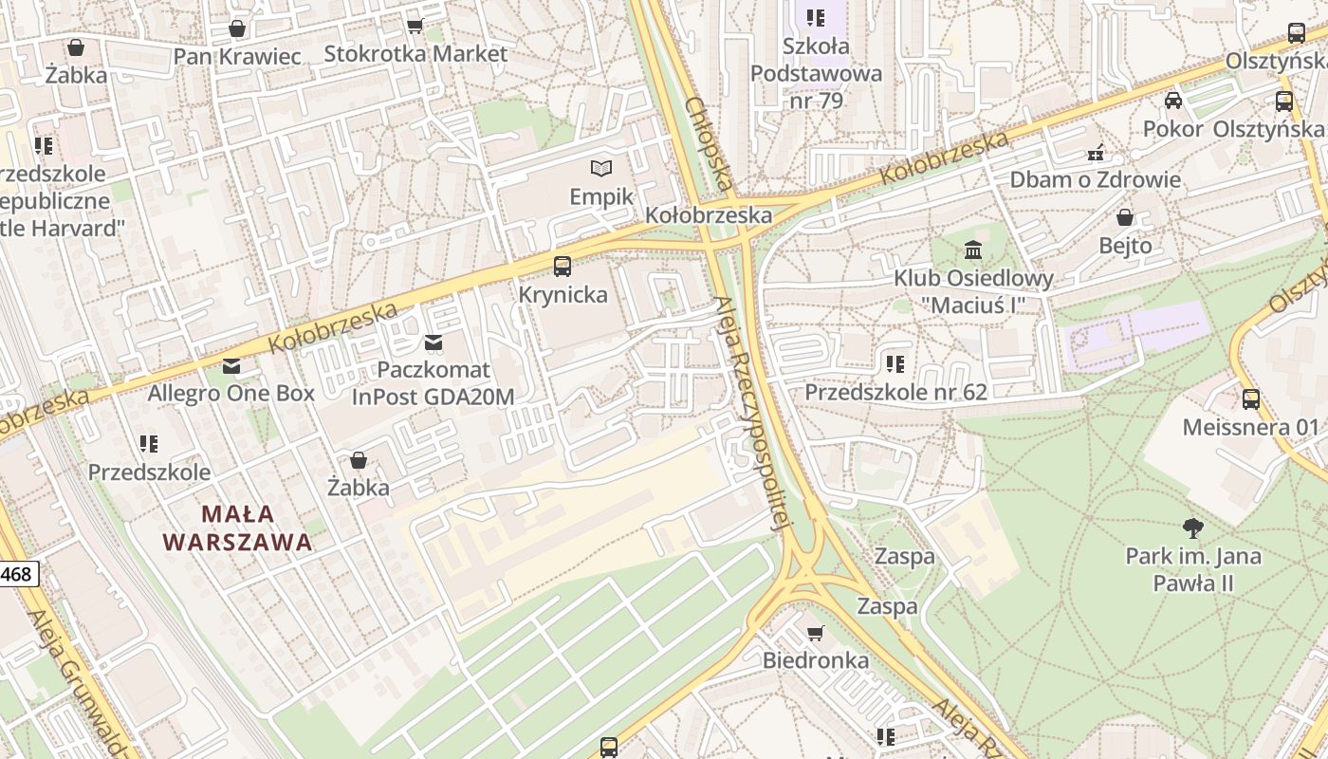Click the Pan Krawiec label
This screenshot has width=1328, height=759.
236,56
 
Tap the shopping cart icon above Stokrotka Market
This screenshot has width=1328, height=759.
415,26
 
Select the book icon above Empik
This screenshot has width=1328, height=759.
601,169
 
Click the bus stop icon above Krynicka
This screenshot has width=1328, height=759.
563,267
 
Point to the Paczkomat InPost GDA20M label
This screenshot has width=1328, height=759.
433,383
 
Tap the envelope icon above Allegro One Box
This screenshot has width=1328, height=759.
231,366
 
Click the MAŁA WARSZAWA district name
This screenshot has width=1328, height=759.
237,528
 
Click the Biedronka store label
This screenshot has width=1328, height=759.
816,660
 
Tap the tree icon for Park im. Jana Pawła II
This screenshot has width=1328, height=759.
1193,528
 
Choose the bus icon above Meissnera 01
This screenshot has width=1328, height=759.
1251,399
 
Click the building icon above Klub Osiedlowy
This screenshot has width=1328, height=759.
973,250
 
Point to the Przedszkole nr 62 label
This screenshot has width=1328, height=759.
895,392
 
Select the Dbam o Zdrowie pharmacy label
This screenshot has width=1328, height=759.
1095,179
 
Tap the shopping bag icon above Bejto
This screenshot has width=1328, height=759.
1125,217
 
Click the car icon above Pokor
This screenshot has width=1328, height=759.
1173,101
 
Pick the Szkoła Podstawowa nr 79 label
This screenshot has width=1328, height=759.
816,72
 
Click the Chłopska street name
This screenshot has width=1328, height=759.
709,143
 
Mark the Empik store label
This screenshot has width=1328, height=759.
601,197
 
